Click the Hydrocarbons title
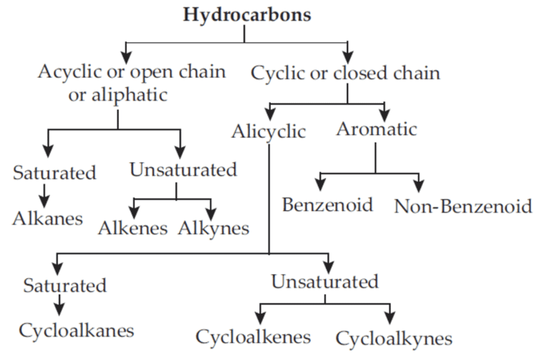pyautogui.click(x=247, y=15)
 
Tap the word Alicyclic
pyautogui.click(x=268, y=131)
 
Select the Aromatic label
pyautogui.click(x=376, y=129)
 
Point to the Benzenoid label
pyautogui.click(x=327, y=204)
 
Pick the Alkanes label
pyautogui.click(x=48, y=218)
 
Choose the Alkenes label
pyautogui.click(x=133, y=228)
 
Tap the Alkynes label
pyautogui.click(x=214, y=228)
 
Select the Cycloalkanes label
pyautogui.click(x=76, y=331)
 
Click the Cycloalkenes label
pyautogui.click(x=253, y=337)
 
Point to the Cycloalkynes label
pyautogui.click(x=394, y=338)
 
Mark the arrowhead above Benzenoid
pyautogui.click(x=320, y=185)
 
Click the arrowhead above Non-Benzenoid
pyautogui.click(x=419, y=185)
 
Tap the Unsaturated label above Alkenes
pyautogui.click(x=183, y=170)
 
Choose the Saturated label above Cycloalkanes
pyautogui.click(x=65, y=286)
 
